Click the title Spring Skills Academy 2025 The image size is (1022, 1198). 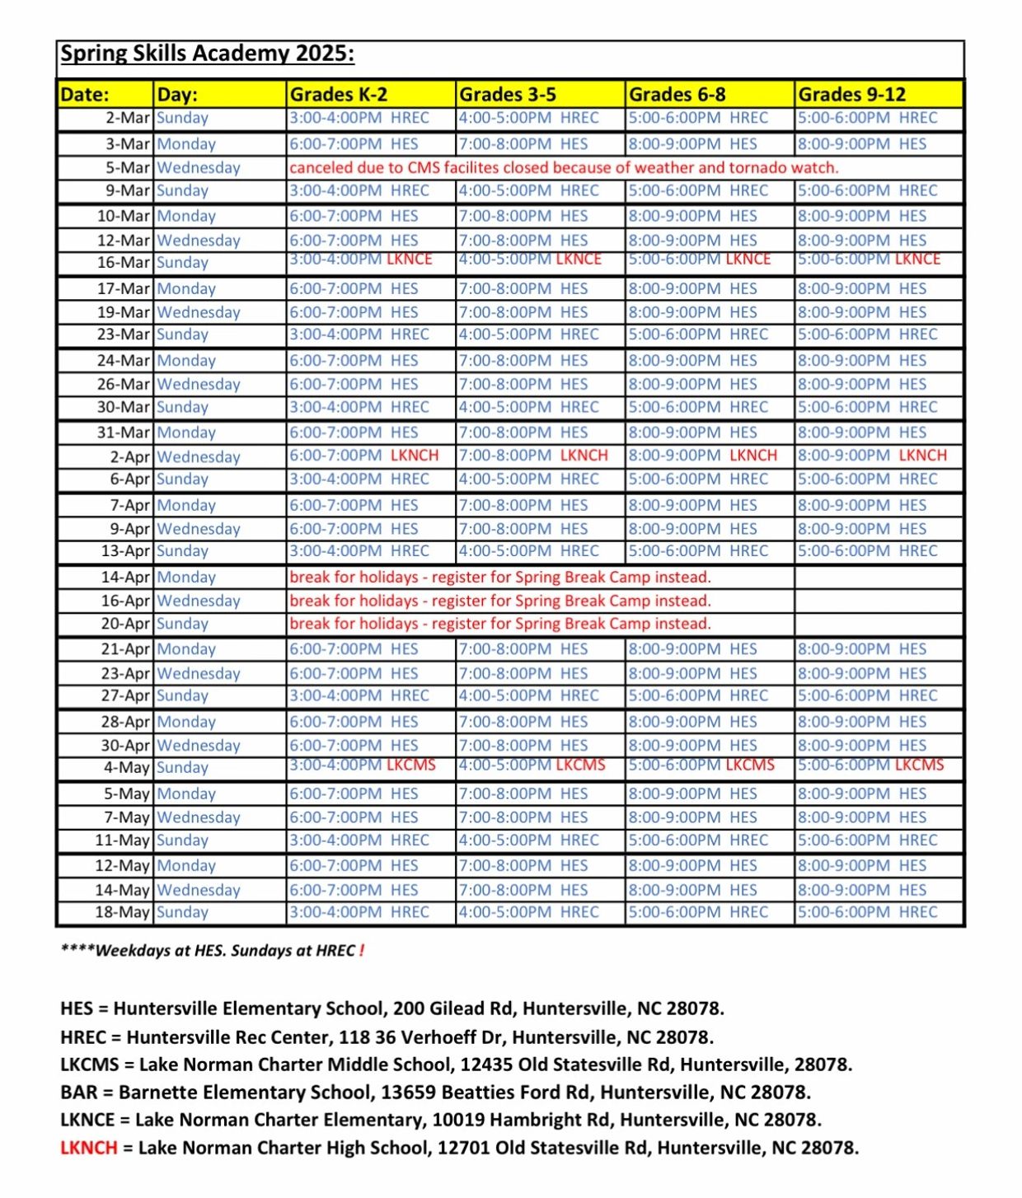[x=207, y=54]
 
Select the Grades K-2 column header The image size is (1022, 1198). [x=338, y=94]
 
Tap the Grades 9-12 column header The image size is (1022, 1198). [x=851, y=94]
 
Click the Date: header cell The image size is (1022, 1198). [x=85, y=94]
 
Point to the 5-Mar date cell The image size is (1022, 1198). [x=127, y=167]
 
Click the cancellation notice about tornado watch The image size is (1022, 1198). [x=564, y=167]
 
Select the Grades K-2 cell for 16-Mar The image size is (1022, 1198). [x=361, y=260]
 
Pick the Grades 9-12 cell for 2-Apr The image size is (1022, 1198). [x=872, y=456]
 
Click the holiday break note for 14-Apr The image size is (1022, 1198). [x=500, y=577]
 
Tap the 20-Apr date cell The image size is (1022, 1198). [x=125, y=624]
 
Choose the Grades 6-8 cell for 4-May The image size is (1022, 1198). [x=701, y=765]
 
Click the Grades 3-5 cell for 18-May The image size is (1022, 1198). [x=528, y=912]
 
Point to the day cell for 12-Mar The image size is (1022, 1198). [x=199, y=241]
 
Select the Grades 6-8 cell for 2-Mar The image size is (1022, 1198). [x=698, y=118]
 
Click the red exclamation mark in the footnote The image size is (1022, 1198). [x=361, y=950]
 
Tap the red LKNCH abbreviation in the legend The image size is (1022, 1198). [x=88, y=1148]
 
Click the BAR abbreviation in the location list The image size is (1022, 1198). [x=79, y=1093]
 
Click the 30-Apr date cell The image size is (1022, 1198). [x=125, y=745]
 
